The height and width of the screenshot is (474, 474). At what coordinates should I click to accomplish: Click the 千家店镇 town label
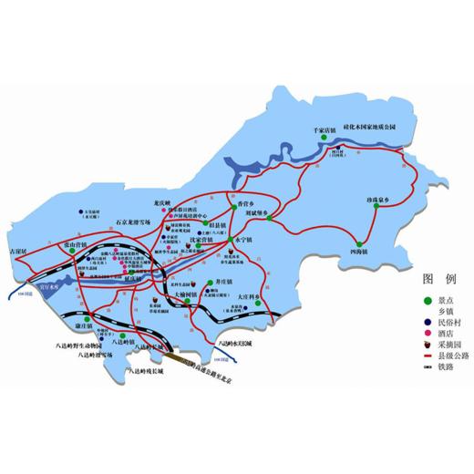tap(325, 132)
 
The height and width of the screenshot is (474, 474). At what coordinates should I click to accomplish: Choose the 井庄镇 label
tap(222, 283)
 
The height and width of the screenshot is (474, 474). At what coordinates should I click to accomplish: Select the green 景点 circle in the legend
tap(428, 300)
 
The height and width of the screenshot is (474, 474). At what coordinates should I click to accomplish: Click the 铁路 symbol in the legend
tap(428, 369)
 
